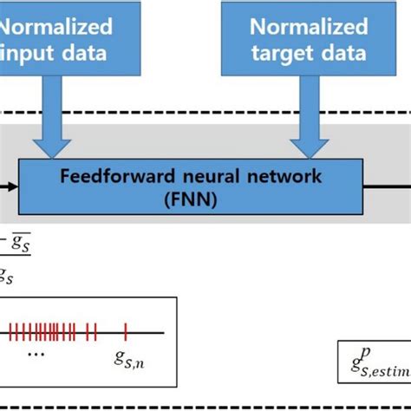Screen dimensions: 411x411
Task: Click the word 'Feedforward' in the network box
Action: pyautogui.click(x=107, y=176)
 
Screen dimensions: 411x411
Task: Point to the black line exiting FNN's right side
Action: pyautogui.click(x=386, y=185)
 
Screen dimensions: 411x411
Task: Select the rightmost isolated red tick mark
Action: pyautogui.click(x=126, y=330)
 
